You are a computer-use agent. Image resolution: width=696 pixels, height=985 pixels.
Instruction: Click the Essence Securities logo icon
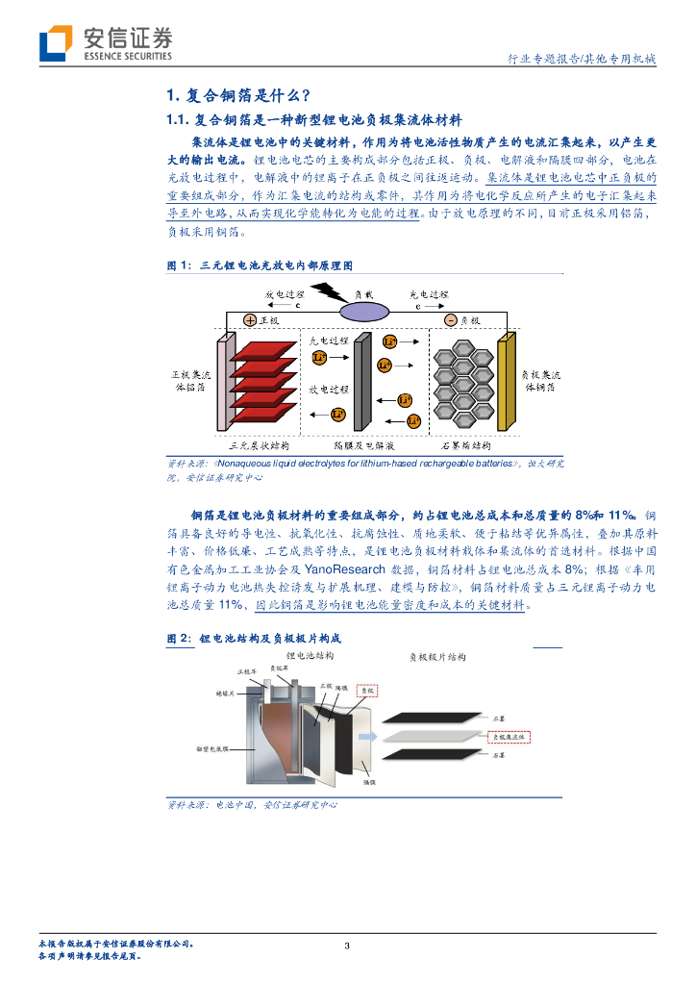click(56, 42)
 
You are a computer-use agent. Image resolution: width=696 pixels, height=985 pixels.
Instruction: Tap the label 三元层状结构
click(260, 446)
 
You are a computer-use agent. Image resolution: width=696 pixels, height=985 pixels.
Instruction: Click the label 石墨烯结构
click(465, 446)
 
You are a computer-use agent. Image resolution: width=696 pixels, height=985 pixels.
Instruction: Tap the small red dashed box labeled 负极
click(368, 690)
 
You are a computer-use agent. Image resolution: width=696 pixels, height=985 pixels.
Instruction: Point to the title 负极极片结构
click(437, 657)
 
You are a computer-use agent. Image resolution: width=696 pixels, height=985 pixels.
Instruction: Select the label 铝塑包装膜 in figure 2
click(211, 746)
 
